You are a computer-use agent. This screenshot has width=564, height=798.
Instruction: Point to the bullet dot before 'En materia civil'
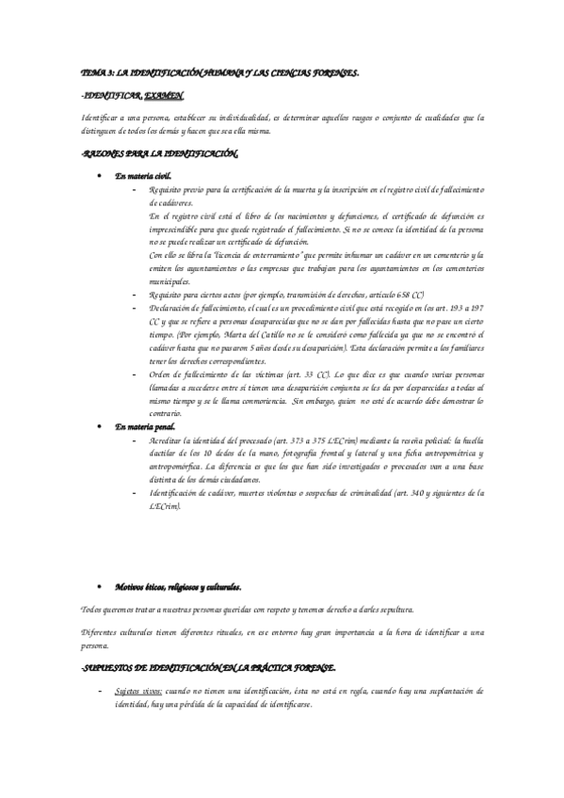point(101,176)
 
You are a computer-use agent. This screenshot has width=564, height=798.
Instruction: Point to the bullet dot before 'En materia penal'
point(101,426)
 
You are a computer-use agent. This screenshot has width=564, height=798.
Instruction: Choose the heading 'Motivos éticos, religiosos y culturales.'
point(178,586)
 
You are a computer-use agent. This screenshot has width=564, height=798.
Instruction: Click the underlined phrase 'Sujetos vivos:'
point(139,691)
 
